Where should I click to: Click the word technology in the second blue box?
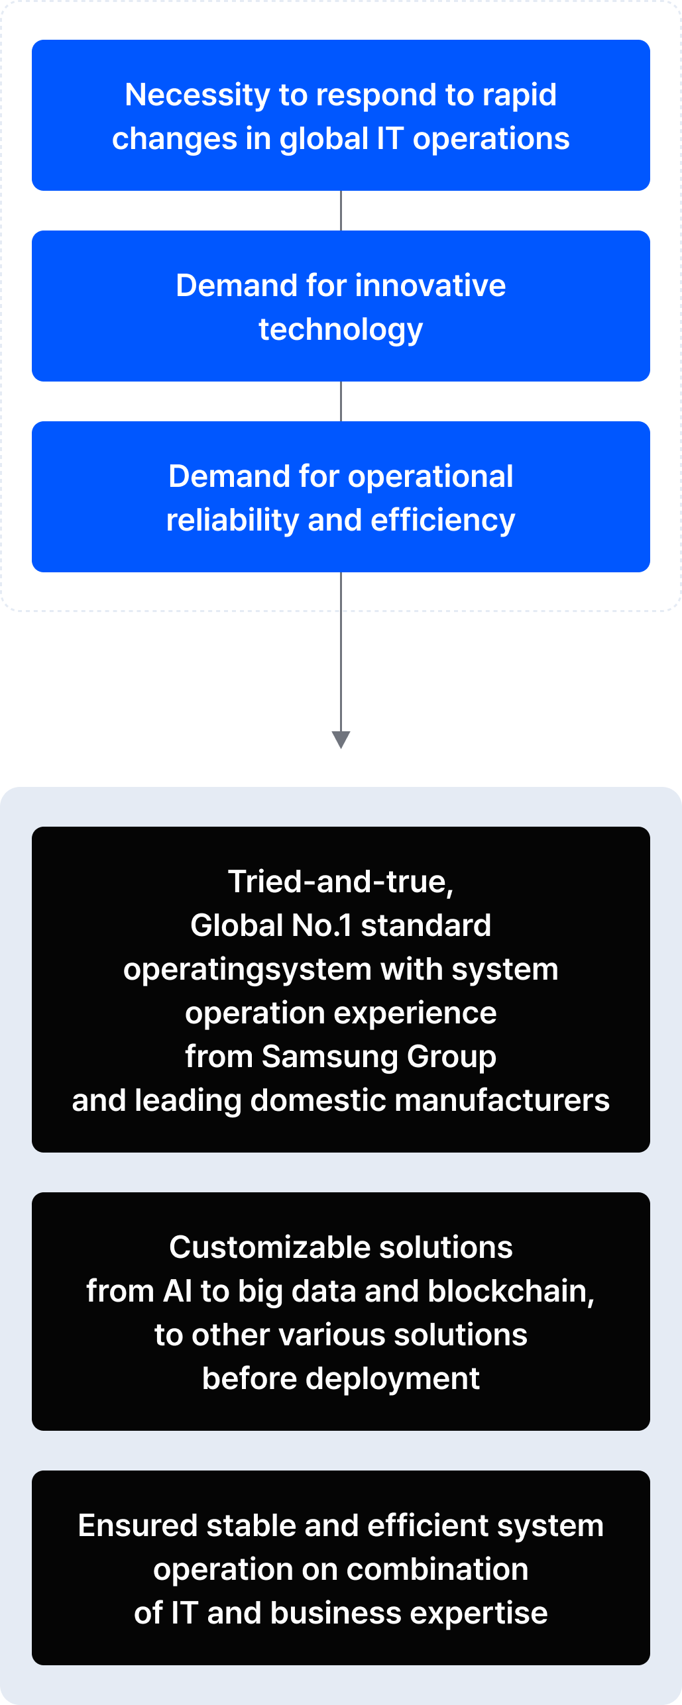point(341,330)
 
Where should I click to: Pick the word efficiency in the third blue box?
point(443,521)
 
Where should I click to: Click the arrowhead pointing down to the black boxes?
point(341,740)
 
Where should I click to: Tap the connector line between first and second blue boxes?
point(341,211)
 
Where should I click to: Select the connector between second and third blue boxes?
point(341,401)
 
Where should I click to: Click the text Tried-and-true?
point(341,882)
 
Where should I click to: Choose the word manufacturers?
point(502,1100)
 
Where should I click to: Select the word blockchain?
point(511,1292)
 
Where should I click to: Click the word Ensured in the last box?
point(138,1525)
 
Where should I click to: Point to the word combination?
point(437,1569)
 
